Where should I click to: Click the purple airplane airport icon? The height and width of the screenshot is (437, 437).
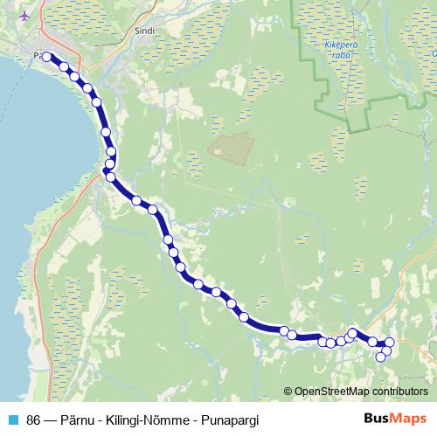[x=23, y=16]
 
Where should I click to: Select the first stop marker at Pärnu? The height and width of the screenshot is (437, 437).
[x=46, y=57]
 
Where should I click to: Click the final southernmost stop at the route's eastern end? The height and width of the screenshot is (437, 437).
[x=380, y=357]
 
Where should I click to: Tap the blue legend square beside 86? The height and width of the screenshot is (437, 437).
[x=13, y=419]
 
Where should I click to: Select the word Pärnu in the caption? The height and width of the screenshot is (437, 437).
[x=78, y=419]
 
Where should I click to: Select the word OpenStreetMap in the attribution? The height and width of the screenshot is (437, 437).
[x=333, y=392]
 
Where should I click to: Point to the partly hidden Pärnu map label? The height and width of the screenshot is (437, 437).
[x=35, y=56]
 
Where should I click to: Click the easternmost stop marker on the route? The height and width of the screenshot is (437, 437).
[x=390, y=342]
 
